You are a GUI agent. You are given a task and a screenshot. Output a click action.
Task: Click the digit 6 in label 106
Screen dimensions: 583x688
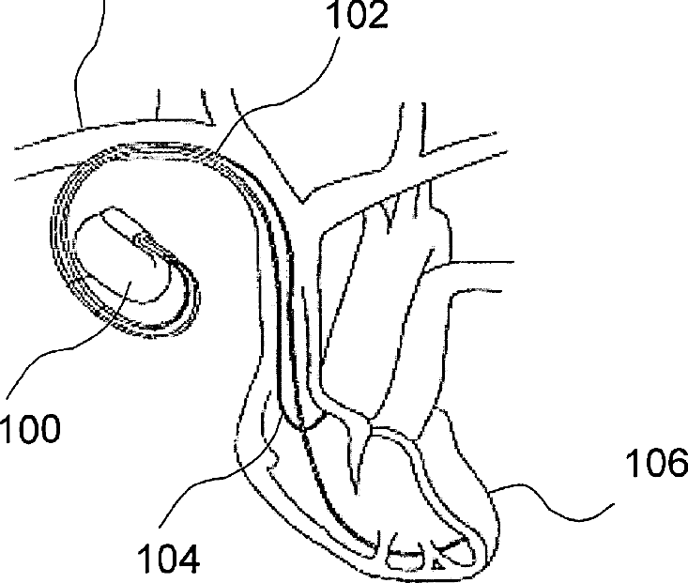(671, 464)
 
